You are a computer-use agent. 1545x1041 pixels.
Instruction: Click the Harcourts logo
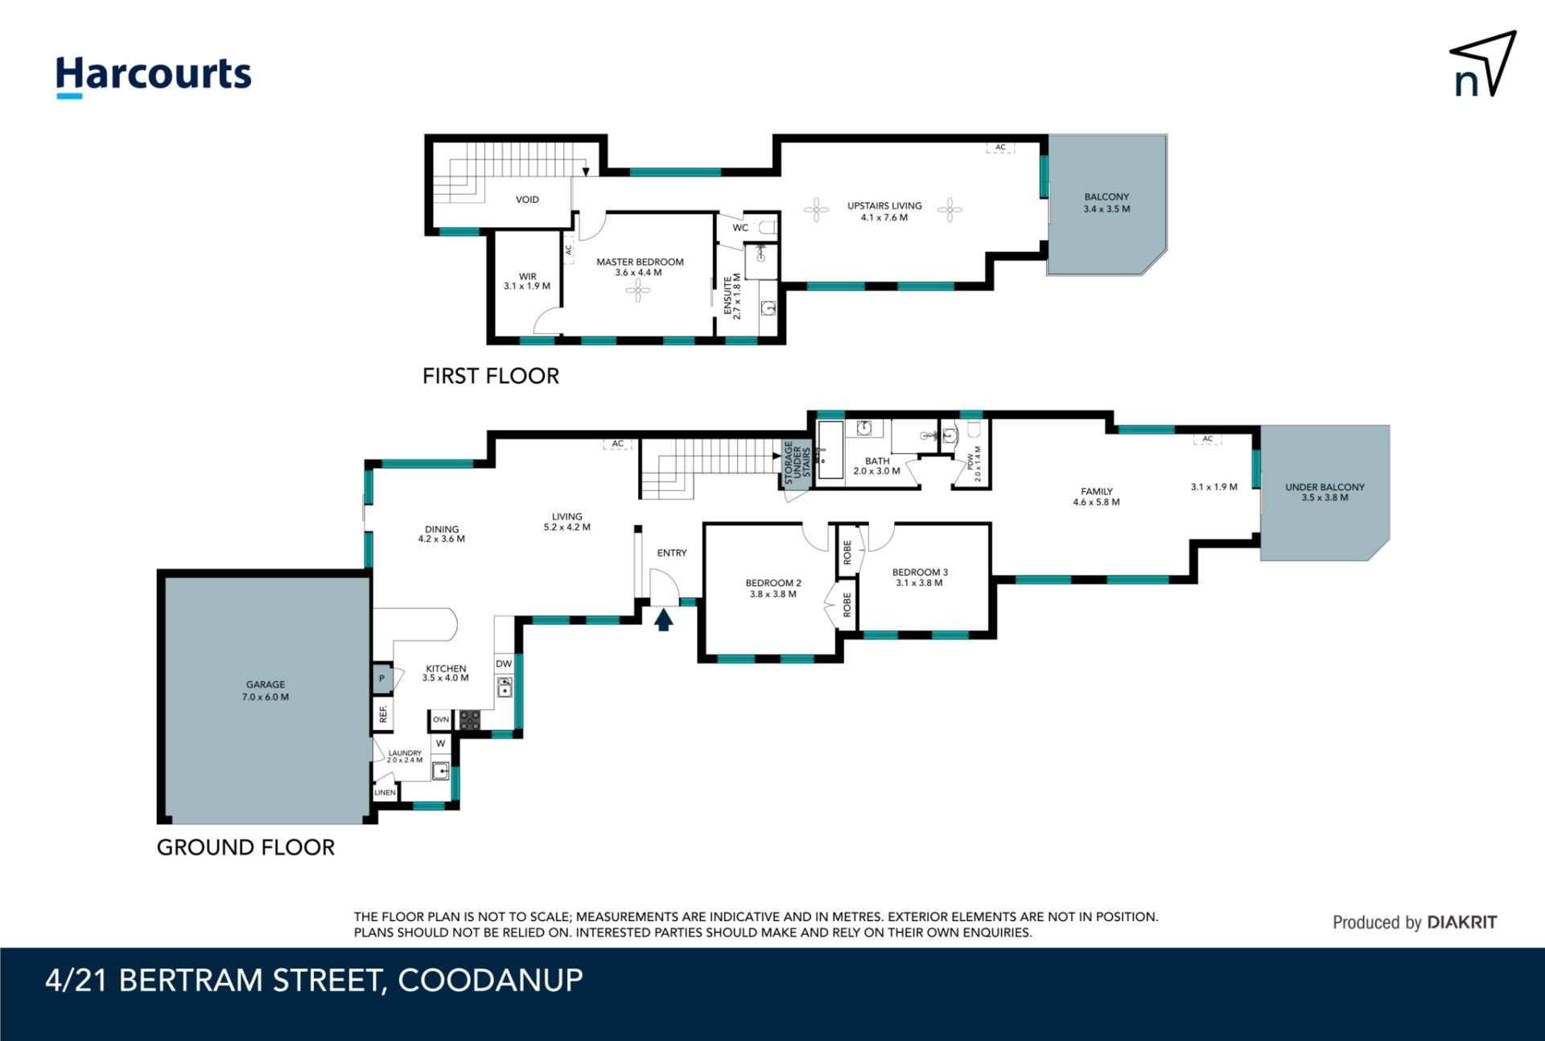pyautogui.click(x=153, y=77)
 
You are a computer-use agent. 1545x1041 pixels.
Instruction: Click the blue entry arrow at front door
pyautogui.click(x=663, y=619)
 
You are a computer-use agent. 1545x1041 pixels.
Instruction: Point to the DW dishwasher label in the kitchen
pyautogui.click(x=504, y=664)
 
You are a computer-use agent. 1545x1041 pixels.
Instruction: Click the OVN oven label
pyautogui.click(x=441, y=719)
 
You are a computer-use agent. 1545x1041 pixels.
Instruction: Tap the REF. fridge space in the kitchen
pyautogui.click(x=383, y=714)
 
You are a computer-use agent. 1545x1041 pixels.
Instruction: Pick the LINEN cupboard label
pyautogui.click(x=385, y=792)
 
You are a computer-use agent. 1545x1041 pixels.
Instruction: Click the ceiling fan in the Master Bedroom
pyautogui.click(x=638, y=291)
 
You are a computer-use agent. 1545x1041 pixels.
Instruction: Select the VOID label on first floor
pyautogui.click(x=527, y=200)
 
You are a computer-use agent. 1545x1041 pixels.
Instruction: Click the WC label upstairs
pyautogui.click(x=740, y=228)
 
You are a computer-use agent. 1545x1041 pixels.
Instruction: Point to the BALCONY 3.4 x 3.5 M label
pyautogui.click(x=1106, y=203)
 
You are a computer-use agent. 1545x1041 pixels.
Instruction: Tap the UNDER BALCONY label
pyautogui.click(x=1325, y=487)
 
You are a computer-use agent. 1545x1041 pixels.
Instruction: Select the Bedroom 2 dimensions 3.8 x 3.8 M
pyautogui.click(x=772, y=594)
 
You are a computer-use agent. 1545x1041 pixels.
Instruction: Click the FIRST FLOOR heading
pyautogui.click(x=491, y=376)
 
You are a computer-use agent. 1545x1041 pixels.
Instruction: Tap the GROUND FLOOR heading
pyautogui.click(x=245, y=847)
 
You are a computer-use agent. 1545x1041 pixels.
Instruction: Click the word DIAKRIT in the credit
pyautogui.click(x=1461, y=923)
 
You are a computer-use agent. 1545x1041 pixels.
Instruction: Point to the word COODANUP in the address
pyautogui.click(x=490, y=981)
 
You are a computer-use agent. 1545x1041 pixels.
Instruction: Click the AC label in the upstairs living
pyautogui.click(x=1000, y=147)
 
